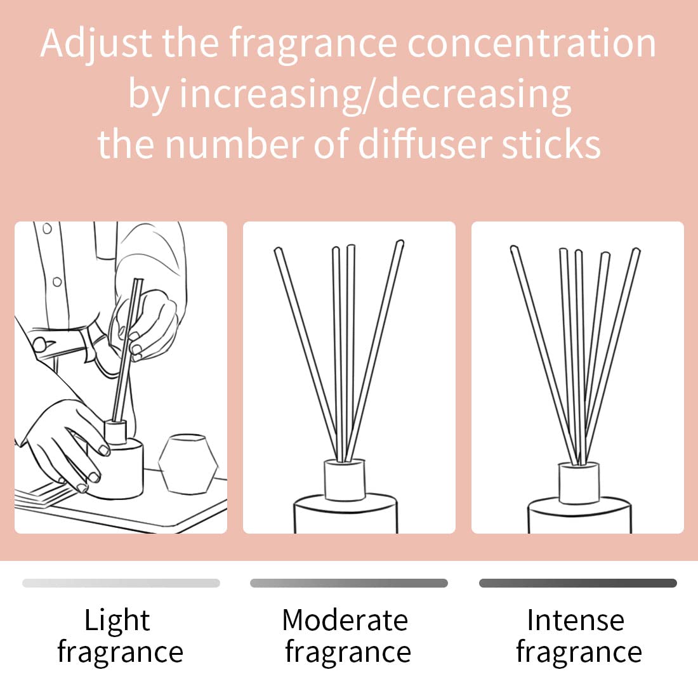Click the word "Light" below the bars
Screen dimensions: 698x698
[117, 620]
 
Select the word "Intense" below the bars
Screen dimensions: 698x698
[576, 620]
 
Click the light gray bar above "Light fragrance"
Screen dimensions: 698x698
[121, 583]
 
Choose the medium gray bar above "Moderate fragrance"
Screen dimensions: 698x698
[348, 583]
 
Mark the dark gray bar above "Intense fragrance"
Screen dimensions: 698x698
[577, 583]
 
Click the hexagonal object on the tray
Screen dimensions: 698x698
[188, 463]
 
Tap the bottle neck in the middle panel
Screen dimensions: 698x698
[345, 480]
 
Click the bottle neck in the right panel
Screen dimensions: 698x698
[579, 484]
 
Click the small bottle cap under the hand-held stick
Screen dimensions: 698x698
[115, 433]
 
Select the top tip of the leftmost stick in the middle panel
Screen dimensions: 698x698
[277, 251]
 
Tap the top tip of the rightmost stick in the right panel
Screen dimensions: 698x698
[636, 253]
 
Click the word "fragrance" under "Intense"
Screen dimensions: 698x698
[579, 652]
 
